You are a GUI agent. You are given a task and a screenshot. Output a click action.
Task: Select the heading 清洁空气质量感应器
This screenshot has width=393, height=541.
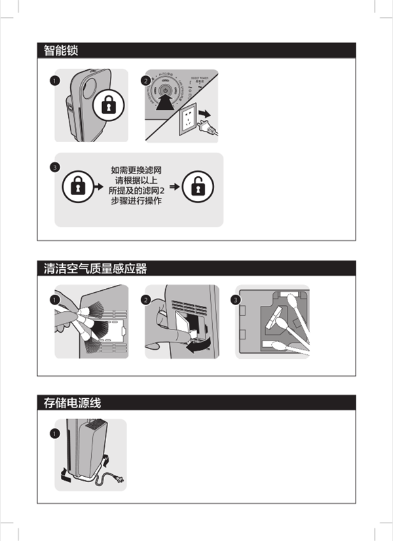tap(95, 268)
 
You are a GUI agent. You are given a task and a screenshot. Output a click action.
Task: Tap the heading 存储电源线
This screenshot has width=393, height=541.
tap(72, 402)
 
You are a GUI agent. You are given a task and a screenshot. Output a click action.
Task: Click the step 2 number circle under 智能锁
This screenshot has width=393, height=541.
tap(145, 81)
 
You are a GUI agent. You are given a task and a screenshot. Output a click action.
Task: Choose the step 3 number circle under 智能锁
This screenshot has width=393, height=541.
tap(55, 167)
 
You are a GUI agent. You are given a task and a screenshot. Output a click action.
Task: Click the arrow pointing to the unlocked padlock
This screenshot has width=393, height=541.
tap(174, 188)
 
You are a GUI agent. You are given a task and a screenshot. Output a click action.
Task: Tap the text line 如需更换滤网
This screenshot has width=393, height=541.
tap(137, 170)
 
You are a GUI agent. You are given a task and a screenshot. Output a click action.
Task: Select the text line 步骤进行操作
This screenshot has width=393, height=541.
tap(137, 202)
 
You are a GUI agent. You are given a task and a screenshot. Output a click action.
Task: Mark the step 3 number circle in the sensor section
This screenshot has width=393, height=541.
tap(236, 299)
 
